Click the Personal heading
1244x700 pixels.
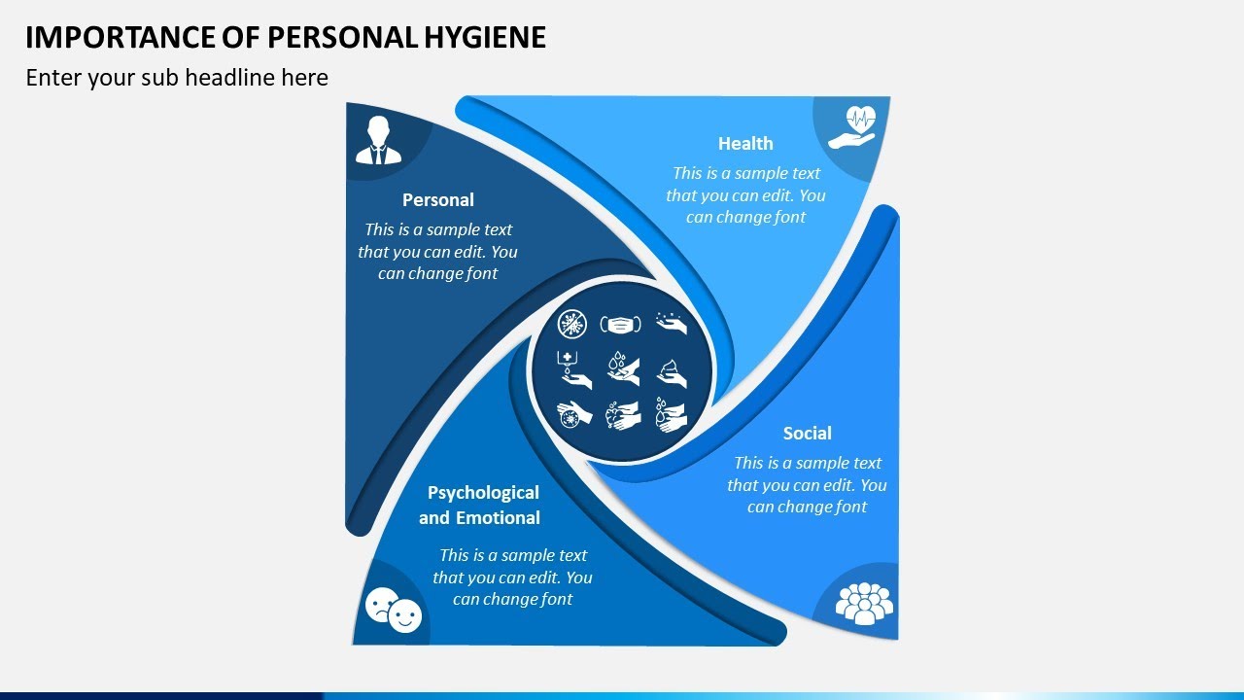point(438,200)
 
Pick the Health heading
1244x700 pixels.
point(745,144)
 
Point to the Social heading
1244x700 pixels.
point(807,434)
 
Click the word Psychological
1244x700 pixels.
point(483,493)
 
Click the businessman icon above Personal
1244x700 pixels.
point(378,140)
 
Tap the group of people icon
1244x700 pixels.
point(864,602)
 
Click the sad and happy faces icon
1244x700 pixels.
point(394,610)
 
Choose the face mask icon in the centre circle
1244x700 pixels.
point(621,324)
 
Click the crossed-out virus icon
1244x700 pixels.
point(573,324)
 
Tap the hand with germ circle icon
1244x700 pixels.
point(573,414)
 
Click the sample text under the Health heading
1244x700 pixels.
point(745,194)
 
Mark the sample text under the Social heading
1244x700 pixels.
point(807,484)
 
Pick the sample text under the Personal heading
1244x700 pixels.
point(438,251)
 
